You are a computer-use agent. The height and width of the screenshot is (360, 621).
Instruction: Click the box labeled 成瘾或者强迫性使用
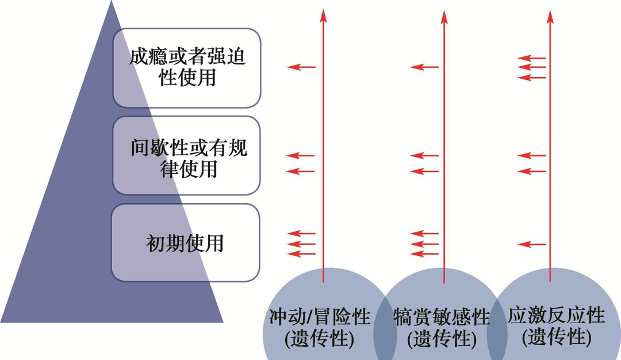(187, 68)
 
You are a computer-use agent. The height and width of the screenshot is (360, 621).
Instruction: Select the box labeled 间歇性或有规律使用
(187, 155)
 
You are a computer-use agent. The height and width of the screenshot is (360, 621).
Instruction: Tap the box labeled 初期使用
(185, 243)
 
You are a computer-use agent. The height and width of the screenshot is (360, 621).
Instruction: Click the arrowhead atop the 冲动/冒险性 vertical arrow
(323, 14)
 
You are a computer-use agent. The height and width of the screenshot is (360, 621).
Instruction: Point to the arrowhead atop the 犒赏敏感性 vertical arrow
(444, 14)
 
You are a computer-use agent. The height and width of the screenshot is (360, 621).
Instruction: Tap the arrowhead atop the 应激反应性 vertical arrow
(550, 14)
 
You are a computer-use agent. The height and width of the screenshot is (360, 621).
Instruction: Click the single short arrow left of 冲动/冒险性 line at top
(301, 67)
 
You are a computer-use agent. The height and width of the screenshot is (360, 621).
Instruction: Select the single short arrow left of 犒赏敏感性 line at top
(424, 67)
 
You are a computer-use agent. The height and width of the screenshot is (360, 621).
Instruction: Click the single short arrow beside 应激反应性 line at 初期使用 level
(531, 244)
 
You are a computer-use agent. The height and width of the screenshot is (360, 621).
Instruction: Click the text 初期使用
(185, 243)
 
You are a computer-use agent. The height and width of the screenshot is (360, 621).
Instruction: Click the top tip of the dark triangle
(111, 2)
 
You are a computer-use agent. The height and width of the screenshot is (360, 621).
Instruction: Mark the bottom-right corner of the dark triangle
(222, 321)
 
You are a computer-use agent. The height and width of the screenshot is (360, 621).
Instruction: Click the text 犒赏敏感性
(442, 317)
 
